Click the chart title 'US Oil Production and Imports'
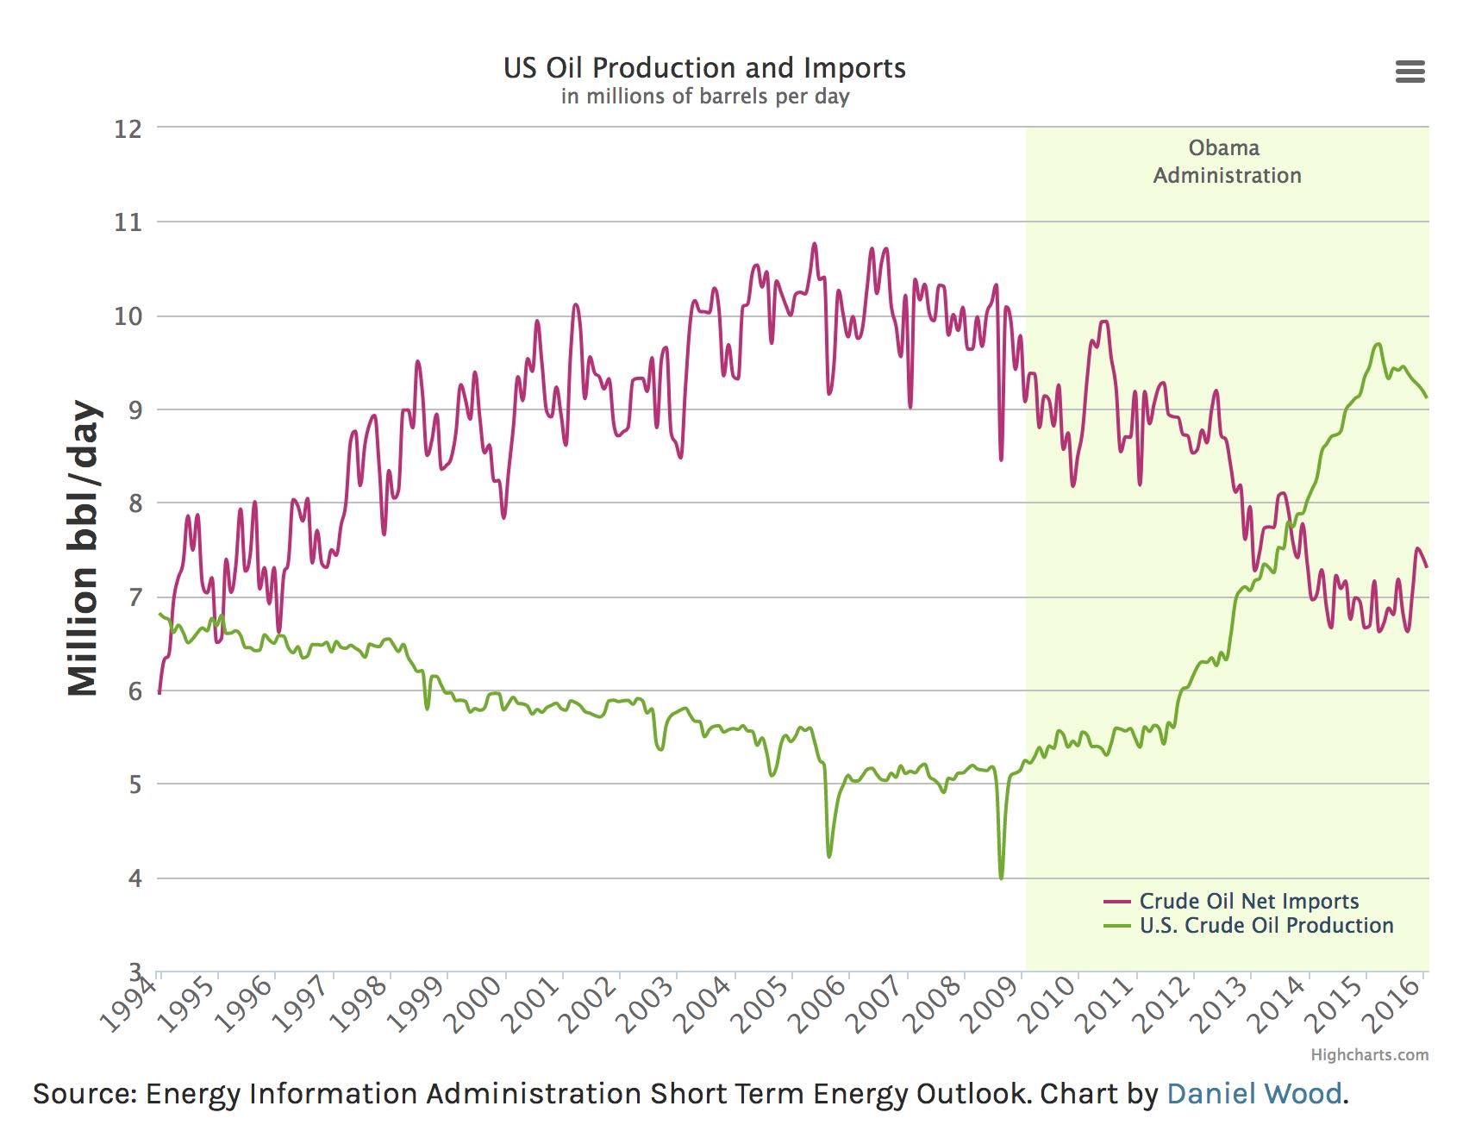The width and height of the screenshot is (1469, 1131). click(x=704, y=68)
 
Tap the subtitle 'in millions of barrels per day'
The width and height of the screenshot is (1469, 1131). click(x=704, y=97)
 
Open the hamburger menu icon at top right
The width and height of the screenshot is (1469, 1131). click(x=1410, y=72)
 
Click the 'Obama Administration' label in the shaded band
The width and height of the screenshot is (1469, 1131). click(x=1227, y=161)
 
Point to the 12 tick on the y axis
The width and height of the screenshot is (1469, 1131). click(x=128, y=129)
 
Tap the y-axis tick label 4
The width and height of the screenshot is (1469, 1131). click(x=134, y=879)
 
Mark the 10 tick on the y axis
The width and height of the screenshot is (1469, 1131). click(x=128, y=316)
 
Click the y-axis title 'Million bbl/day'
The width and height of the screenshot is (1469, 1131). click(x=84, y=548)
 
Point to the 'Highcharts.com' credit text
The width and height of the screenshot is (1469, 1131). click(x=1369, y=1055)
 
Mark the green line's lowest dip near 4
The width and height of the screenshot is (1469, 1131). click(x=1001, y=878)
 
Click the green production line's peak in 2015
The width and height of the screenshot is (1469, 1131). click(x=1378, y=345)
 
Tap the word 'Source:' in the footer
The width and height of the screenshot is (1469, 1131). click(x=84, y=1094)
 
